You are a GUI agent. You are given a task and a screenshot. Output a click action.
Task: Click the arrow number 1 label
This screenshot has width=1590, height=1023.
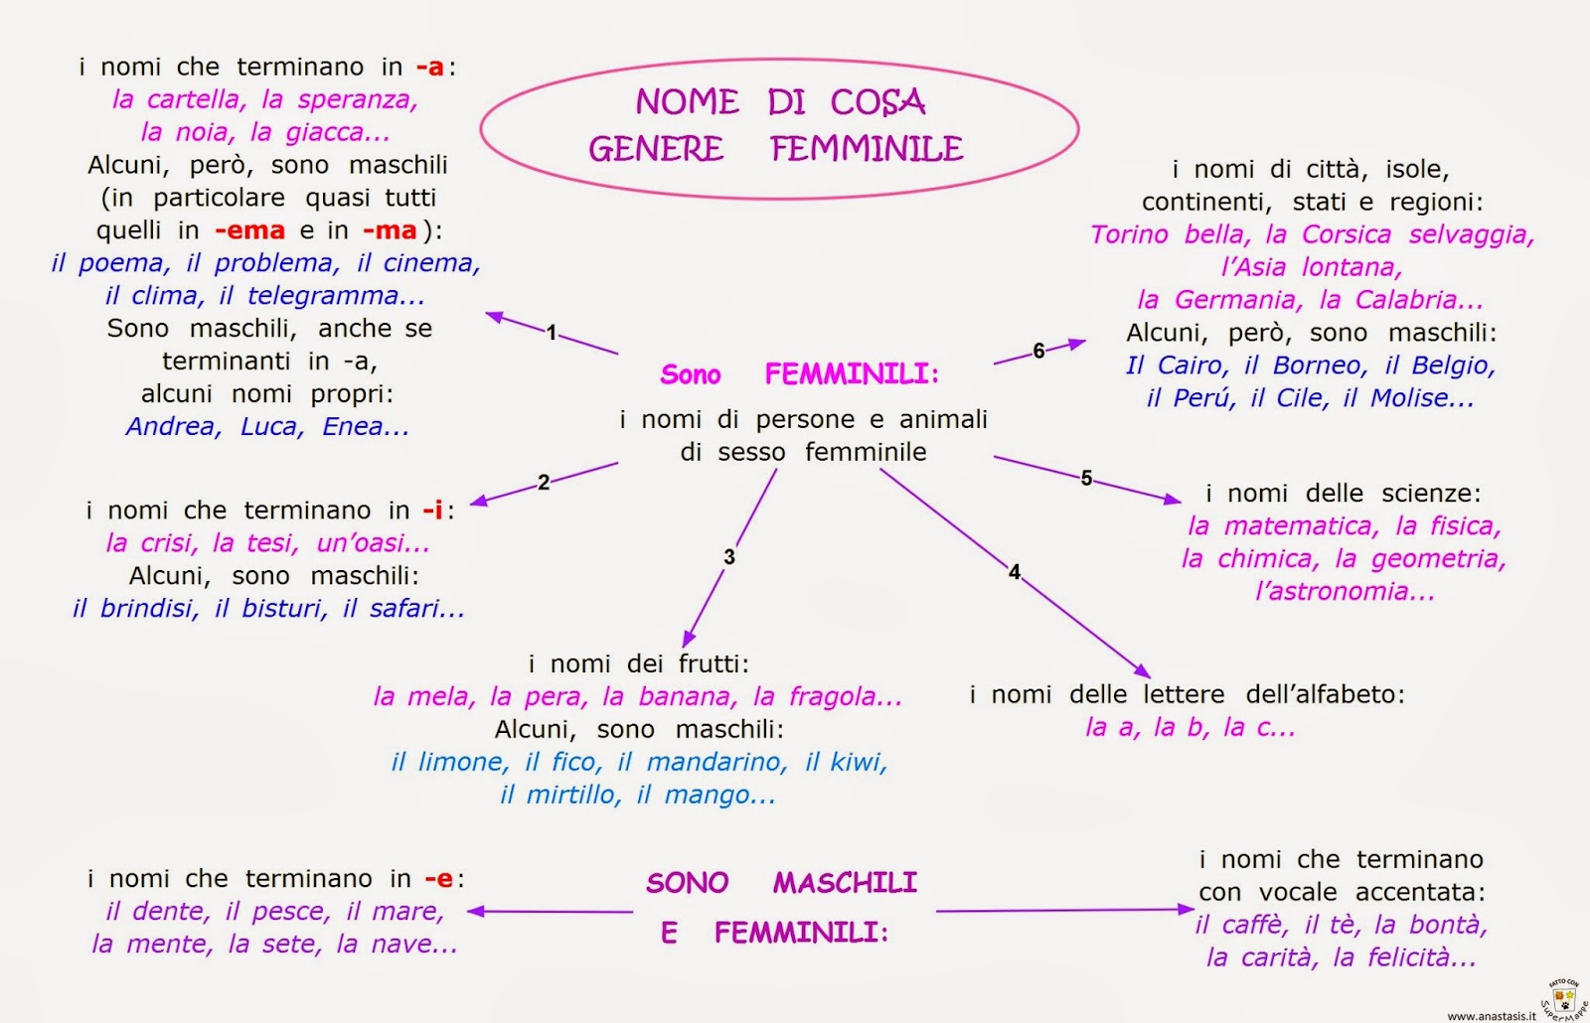[552, 333]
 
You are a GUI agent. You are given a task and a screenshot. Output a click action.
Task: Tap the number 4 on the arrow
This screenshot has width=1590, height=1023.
[1015, 572]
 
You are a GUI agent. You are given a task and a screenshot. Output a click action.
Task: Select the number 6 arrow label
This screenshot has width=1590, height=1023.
[1038, 351]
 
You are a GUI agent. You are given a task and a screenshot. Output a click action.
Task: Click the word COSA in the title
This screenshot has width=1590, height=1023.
[877, 101]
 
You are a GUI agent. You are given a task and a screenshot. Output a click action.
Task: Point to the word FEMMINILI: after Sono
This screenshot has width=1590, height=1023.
[852, 374]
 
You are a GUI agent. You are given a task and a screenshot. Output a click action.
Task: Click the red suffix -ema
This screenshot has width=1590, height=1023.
[249, 230]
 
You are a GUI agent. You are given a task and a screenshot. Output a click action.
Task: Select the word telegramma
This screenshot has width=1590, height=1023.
[336, 296]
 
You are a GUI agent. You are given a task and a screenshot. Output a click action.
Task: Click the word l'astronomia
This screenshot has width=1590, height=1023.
[1345, 592]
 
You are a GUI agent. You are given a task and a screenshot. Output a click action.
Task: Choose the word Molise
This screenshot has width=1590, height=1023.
[1421, 398]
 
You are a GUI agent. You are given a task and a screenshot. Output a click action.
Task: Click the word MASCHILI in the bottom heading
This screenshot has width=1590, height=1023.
[845, 883]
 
